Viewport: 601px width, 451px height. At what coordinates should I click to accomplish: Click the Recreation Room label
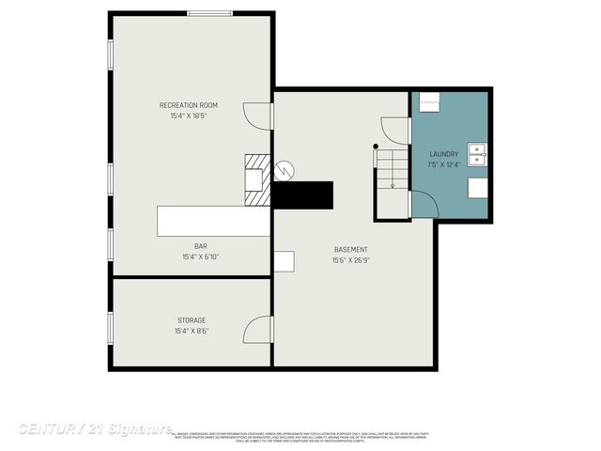point(188,104)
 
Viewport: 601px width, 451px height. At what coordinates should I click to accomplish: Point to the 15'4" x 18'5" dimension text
point(188,116)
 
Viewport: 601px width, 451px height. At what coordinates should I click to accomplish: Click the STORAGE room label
point(191,319)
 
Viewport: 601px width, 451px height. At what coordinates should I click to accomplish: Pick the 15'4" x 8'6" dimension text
point(191,331)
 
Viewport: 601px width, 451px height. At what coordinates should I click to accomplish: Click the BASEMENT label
point(351,249)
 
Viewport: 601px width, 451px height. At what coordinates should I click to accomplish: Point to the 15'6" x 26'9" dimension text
point(351,260)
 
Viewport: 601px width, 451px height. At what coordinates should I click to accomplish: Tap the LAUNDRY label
point(444,154)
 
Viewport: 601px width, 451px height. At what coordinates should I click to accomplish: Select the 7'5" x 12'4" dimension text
point(444,165)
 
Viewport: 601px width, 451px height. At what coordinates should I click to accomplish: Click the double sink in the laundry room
point(477,154)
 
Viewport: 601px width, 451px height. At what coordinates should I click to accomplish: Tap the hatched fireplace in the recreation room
point(256,179)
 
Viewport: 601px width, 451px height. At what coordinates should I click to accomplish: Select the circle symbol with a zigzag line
point(284,170)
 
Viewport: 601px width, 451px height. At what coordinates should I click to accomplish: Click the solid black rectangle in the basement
point(303,194)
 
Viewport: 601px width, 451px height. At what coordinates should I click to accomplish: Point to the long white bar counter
point(213,222)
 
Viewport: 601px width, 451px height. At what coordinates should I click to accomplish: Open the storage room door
point(257,329)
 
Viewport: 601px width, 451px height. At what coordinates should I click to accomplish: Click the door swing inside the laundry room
point(423,203)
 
